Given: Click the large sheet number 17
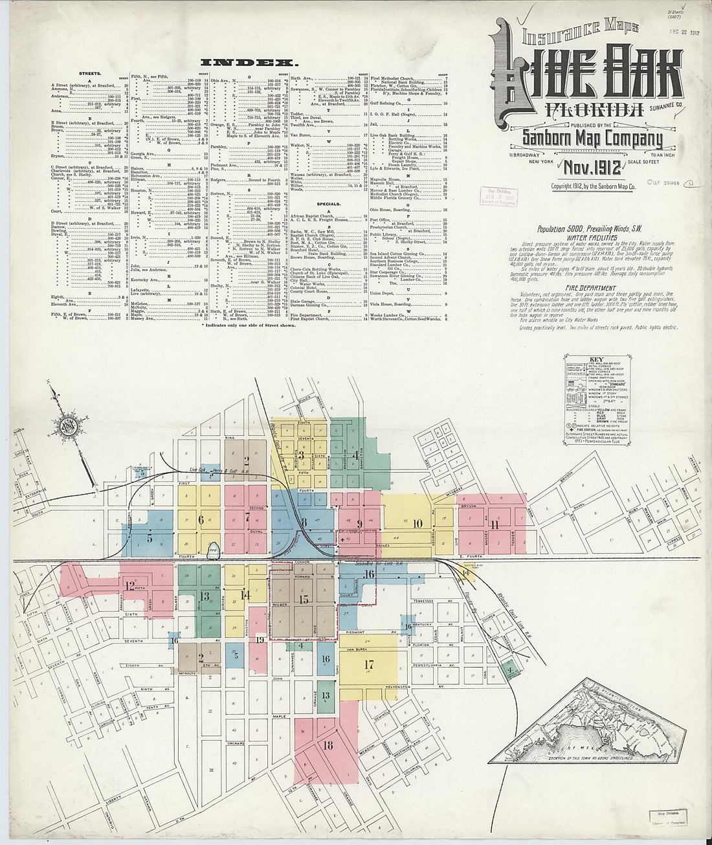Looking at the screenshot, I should [x=369, y=664].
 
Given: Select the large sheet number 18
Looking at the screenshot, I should [x=328, y=746].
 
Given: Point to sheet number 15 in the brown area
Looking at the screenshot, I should [x=304, y=599].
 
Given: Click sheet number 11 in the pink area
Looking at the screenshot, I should [x=495, y=525].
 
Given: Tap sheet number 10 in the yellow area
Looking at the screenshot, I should [x=417, y=523].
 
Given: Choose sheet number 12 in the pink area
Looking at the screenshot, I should [x=131, y=586].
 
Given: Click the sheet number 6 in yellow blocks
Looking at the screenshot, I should [x=201, y=519].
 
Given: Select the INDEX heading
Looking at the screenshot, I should [x=249, y=63].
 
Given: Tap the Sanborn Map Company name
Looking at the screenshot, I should [x=584, y=139].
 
